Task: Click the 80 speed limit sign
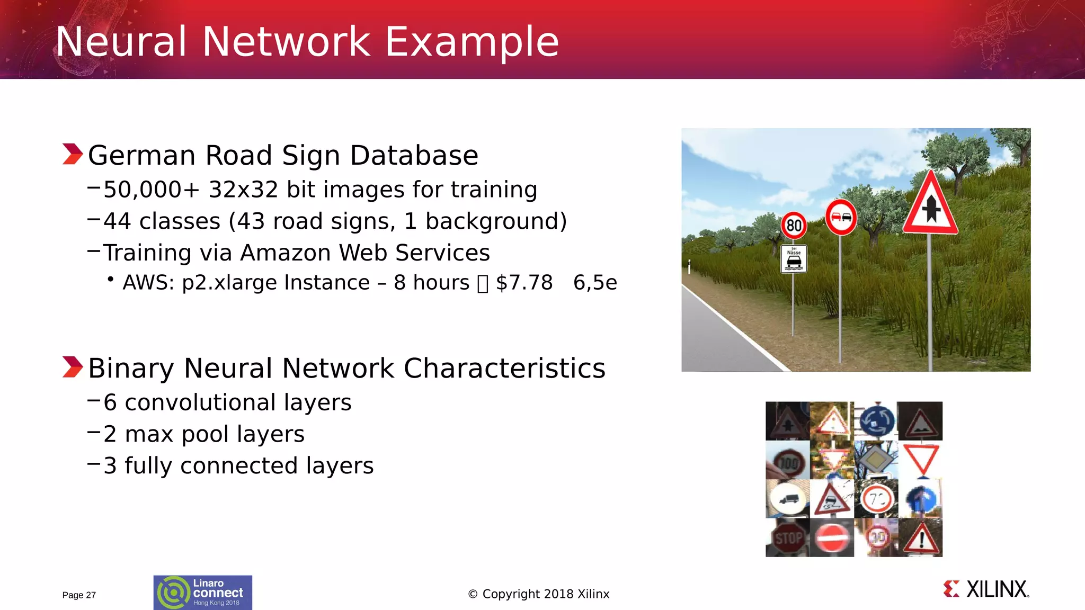794,226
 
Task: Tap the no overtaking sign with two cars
841,217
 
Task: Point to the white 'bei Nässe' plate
794,259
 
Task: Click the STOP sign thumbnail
788,538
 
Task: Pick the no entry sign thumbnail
832,538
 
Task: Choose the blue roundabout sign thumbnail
876,421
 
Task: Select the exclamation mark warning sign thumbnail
921,538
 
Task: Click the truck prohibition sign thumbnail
788,499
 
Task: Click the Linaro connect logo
203,593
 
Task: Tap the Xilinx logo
986,589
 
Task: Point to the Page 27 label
79,595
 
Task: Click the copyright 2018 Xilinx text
539,594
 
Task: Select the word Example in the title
472,42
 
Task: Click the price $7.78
524,283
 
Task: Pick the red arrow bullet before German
73,154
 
